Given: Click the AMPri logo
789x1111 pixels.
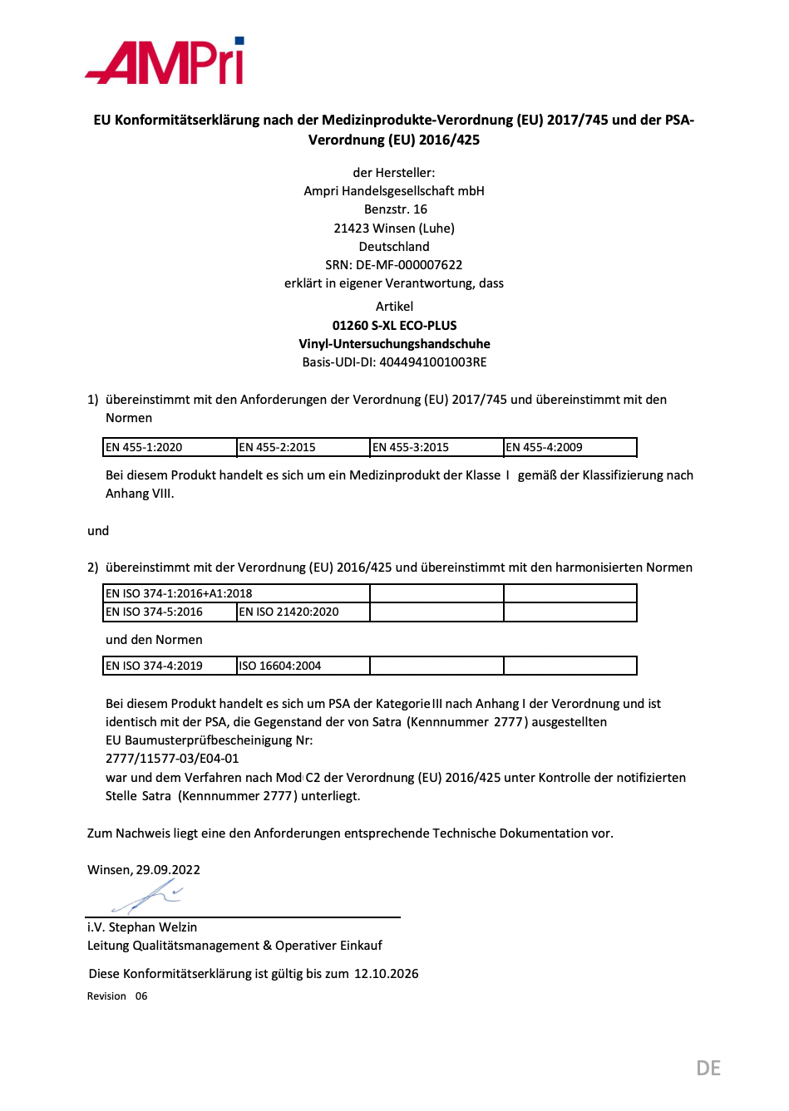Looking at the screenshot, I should coord(165,61).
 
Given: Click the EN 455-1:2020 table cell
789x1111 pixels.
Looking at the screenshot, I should coord(170,448).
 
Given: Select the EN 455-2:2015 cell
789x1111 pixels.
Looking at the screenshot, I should coord(303,448).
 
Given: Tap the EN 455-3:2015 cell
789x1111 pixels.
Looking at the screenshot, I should coord(436,448).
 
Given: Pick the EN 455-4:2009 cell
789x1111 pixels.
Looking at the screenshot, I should coord(570,448).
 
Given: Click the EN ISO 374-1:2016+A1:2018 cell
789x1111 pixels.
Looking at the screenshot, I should coord(236,593).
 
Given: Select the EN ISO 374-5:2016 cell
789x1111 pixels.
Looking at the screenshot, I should coord(170,612).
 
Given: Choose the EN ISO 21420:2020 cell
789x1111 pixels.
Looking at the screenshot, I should coord(303,612).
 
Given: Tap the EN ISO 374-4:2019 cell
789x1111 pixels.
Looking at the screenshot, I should coord(170,666).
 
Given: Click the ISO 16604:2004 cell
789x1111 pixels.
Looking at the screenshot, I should coord(303,666).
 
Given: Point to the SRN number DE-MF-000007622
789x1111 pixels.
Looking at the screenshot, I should coord(409,265).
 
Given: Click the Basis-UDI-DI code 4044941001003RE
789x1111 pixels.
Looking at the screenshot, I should coord(432,362).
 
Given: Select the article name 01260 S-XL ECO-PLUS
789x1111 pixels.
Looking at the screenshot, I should coord(394,326).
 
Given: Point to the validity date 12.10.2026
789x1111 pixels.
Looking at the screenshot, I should coord(387,974).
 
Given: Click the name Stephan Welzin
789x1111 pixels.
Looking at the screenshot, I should coord(153,927).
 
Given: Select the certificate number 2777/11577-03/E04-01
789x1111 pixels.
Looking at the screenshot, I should coord(172,759).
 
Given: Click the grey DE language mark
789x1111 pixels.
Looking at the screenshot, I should coord(708,1069).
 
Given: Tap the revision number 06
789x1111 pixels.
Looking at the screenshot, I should coord(141,996).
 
